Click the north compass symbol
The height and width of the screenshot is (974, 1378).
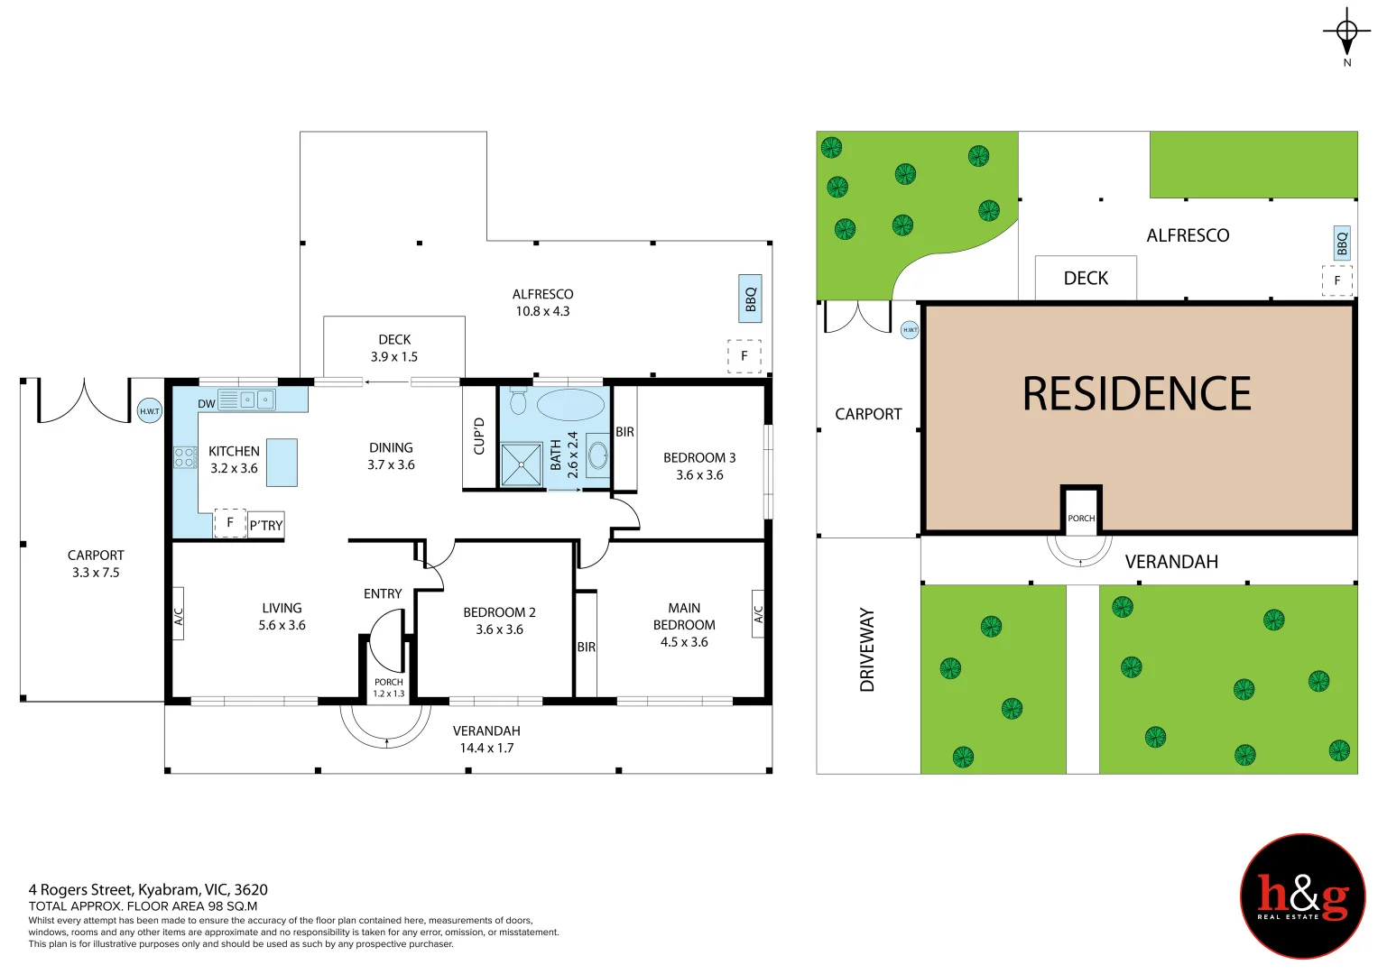pos(1346,32)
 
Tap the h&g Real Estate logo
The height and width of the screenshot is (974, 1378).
pos(1303,896)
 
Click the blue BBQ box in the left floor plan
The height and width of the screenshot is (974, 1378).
pos(750,299)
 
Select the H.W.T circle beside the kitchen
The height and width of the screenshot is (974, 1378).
pos(150,410)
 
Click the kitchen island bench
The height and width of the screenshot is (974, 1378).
pos(282,463)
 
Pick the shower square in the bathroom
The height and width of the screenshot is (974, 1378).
pos(521,464)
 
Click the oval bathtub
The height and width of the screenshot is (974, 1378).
pos(570,404)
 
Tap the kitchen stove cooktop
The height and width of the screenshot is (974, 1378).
pos(185,457)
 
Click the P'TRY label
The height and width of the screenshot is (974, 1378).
pos(265,525)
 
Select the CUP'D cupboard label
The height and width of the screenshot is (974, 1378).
pos(479,436)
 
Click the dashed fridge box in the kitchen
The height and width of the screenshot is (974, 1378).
pos(230,523)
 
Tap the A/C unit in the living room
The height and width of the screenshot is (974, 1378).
pos(178,613)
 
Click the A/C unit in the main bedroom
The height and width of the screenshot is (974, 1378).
pos(758,613)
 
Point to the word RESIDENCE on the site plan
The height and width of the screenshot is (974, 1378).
pos(1136,393)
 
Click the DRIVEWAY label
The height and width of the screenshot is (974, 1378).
pos(867,650)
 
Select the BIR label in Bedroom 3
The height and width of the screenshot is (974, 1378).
pos(624,432)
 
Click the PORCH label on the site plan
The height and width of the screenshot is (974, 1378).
pos(1081,519)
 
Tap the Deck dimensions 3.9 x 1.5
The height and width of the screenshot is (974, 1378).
pos(393,356)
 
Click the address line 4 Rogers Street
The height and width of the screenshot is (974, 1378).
pos(148,890)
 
